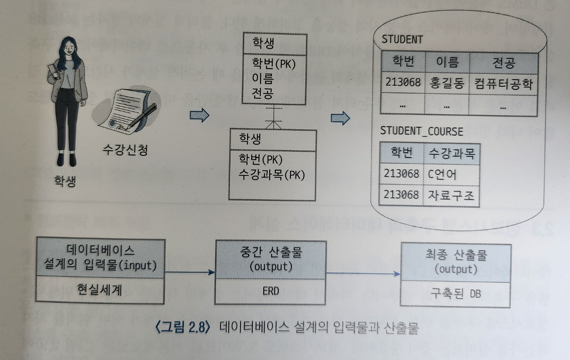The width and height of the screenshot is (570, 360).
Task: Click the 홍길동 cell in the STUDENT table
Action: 446,84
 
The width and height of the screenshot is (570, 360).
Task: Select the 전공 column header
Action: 503,63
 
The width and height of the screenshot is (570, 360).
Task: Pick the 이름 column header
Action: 446,63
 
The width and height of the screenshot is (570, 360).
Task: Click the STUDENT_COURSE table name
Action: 421,131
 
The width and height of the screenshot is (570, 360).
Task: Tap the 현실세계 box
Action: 100,290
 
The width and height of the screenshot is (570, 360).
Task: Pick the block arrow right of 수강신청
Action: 199,116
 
